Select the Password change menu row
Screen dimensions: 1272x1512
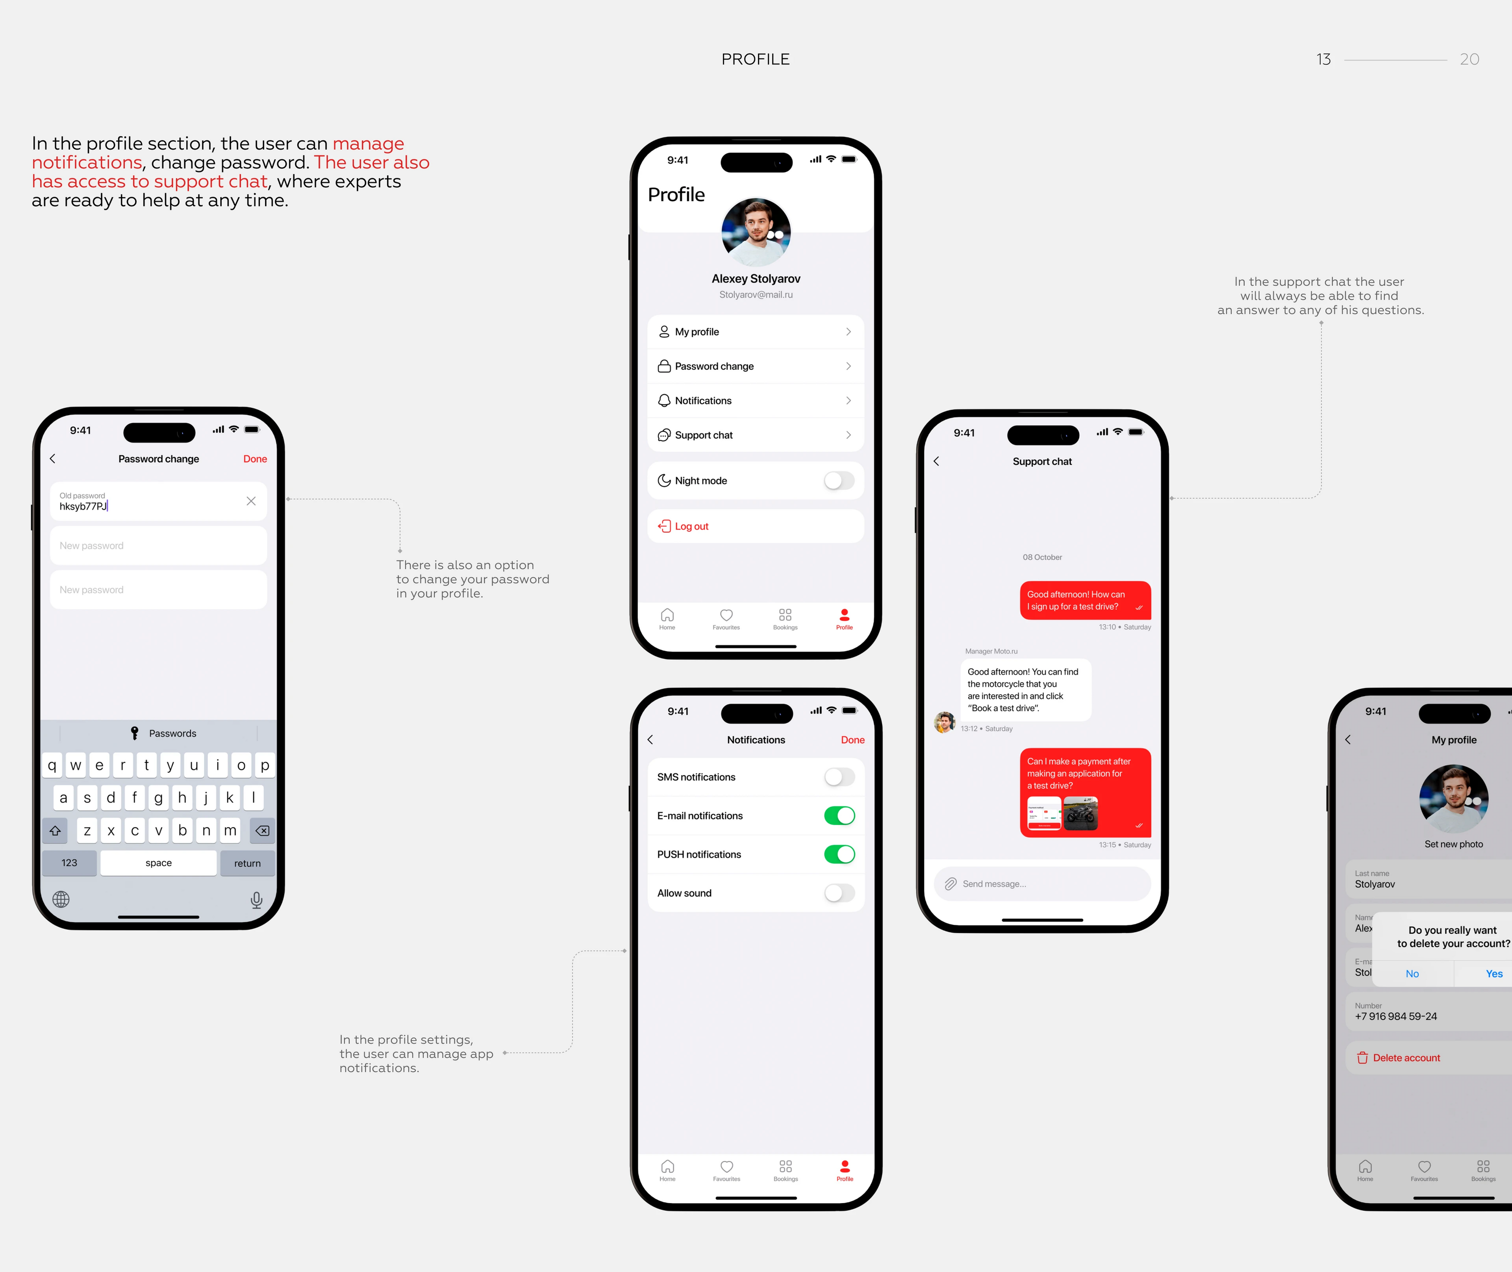755,367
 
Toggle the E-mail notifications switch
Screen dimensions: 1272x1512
839,816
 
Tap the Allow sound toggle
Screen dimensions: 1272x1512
839,893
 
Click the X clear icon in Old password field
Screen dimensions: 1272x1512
251,501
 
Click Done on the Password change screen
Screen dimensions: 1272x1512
255,459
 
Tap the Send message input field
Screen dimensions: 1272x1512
1042,884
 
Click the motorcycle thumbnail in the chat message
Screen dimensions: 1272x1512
1080,813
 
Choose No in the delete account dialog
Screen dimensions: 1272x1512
1412,973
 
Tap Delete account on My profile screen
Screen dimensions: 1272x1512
1405,1058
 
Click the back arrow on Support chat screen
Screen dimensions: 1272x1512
936,461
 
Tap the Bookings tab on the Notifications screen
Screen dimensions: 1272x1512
786,1170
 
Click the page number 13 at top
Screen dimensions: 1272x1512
1323,59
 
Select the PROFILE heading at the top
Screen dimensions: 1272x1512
755,59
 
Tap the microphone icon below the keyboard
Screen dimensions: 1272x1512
256,899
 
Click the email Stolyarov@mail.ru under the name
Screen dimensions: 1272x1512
755,295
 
